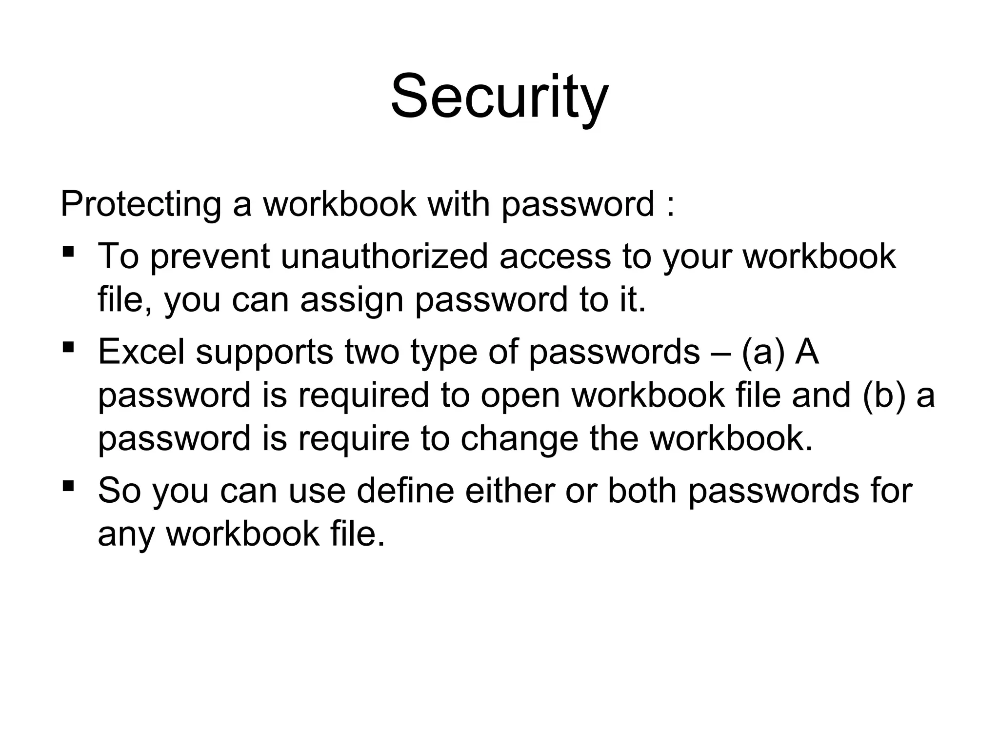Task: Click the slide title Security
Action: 499,96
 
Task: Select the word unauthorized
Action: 384,256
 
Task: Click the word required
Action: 363,395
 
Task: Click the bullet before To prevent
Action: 68,253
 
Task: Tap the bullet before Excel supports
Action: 68,348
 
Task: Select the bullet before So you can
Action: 68,486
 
